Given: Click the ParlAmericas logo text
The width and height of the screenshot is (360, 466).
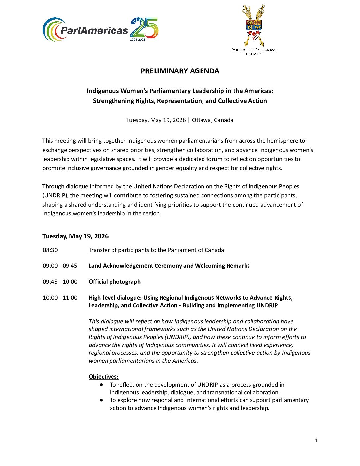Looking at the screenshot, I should coord(94,31).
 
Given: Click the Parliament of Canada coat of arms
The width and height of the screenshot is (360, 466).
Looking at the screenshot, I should coord(254,25).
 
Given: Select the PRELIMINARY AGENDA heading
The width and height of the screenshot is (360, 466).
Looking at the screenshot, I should coord(180,71).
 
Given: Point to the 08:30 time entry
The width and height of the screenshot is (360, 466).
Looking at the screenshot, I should coord(50,250).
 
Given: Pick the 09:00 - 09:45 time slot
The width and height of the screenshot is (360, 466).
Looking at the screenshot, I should coord(60,266).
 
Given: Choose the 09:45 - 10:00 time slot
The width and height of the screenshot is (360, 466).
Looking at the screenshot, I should coord(60,282).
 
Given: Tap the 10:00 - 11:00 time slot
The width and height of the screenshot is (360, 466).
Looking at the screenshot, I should coord(60,298).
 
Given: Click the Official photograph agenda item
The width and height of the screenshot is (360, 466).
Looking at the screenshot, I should coord(114,282).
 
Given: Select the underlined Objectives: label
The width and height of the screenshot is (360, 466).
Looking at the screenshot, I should coord(104,377).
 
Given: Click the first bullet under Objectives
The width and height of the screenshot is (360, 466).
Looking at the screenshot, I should coord(101,385).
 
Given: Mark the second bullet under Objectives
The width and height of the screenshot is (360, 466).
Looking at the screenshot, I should coord(101,400).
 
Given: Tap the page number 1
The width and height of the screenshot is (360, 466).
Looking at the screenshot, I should coord(316,440).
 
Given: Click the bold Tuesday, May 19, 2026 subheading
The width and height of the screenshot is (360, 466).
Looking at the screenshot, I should coord(75,236).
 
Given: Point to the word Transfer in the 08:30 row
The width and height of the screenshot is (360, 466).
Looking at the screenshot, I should coord(99,250).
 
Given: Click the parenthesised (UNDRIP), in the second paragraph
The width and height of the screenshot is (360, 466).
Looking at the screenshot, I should coord(56,195).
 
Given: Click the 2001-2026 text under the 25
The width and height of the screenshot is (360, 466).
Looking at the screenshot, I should coord(137,39).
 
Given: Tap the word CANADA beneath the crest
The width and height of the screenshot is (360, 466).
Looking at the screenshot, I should coord(254,54).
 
